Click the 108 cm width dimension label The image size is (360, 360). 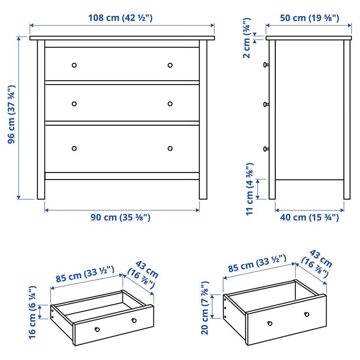coord(120,18)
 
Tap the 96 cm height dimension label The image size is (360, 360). coord(11,114)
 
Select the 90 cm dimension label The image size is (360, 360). coord(120,217)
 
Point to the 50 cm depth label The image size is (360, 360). coord(309,18)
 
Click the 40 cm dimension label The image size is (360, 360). coord(309,217)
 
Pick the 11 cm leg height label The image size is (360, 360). coord(250,189)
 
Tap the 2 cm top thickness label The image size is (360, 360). coord(247,38)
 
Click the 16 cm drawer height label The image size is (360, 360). coord(32,312)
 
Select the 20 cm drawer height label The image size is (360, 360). coord(205,308)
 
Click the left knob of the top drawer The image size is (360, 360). coord(74,65)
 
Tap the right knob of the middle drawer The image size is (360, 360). coord(170,104)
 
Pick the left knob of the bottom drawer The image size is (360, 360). coord(74,148)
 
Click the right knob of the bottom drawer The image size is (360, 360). coord(170,148)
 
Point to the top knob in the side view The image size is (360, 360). coord(266,65)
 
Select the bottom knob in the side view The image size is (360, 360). coord(266,149)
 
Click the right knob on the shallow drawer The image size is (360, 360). coord(134,320)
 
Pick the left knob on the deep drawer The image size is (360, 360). coord(270,323)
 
